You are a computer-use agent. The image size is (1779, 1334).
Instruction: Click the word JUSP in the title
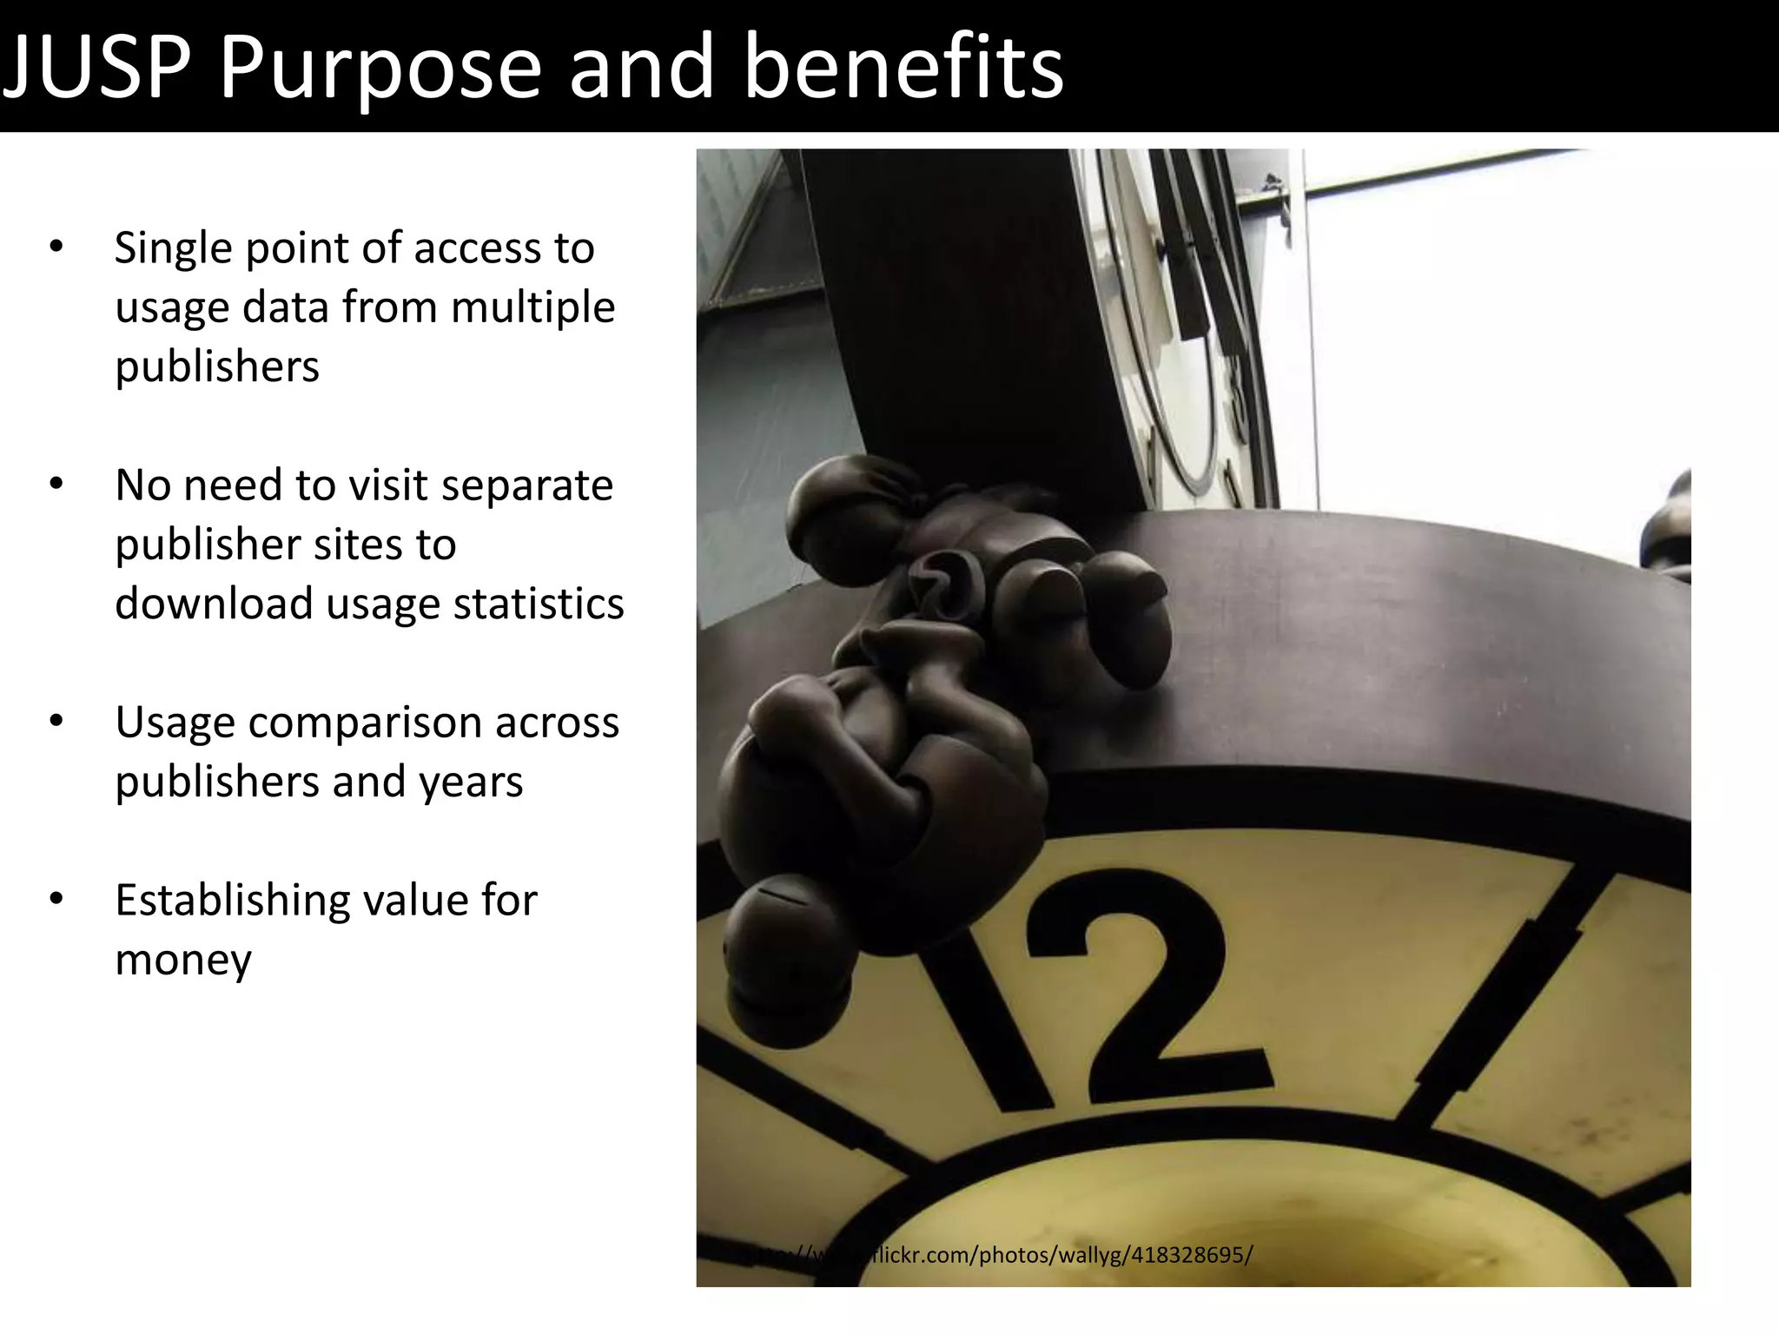point(97,68)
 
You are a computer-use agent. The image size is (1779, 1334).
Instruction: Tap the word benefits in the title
point(903,68)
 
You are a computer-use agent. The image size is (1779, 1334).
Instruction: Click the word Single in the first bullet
point(170,249)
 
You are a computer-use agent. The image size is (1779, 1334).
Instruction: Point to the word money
point(183,960)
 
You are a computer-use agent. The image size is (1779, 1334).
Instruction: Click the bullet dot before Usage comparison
point(56,722)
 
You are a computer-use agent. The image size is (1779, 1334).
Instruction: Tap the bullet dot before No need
point(56,485)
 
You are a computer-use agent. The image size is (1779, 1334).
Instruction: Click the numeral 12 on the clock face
point(1121,999)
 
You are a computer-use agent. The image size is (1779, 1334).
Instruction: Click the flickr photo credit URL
point(999,1256)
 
